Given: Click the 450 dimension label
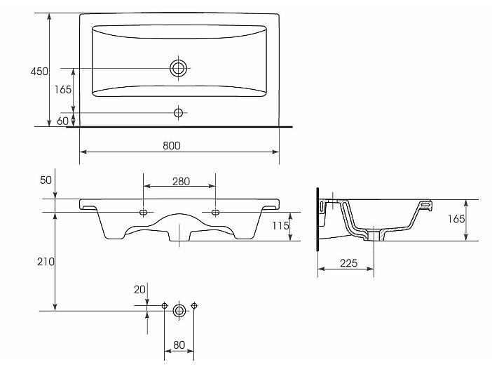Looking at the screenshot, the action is (x=39, y=72).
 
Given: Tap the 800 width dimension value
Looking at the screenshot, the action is (x=172, y=146).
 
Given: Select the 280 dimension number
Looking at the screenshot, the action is (x=181, y=182).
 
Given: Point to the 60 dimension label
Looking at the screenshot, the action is (x=62, y=121).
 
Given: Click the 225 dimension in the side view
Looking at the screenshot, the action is (x=348, y=263).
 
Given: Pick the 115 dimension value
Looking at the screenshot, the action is (x=280, y=225).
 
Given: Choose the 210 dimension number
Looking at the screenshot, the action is (x=46, y=262).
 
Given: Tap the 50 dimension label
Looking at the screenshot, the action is (x=46, y=180).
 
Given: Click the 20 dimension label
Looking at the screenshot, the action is (x=139, y=289).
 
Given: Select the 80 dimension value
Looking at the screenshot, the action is (x=179, y=345).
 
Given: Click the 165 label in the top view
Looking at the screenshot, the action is (x=63, y=90).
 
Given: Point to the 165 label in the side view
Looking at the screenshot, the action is (x=456, y=219).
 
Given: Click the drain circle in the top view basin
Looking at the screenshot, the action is (x=178, y=68).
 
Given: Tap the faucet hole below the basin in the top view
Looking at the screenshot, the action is (x=178, y=112).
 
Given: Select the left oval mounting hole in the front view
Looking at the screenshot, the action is (x=144, y=213).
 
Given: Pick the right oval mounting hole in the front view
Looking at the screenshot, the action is (x=215, y=213).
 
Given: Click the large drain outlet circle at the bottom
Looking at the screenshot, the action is (x=179, y=311).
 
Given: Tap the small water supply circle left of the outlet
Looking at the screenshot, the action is (x=165, y=305).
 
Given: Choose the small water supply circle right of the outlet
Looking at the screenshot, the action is (x=194, y=305).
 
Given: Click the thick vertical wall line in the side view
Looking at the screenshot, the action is (x=318, y=220).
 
